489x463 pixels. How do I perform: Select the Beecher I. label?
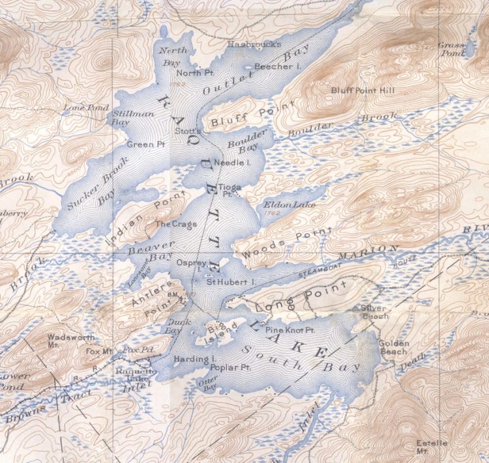click(276, 66)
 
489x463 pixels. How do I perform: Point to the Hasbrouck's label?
click(254, 44)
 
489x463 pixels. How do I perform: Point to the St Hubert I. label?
click(230, 282)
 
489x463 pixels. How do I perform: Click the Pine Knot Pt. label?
click(290, 330)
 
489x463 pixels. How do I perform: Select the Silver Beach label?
click(374, 312)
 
